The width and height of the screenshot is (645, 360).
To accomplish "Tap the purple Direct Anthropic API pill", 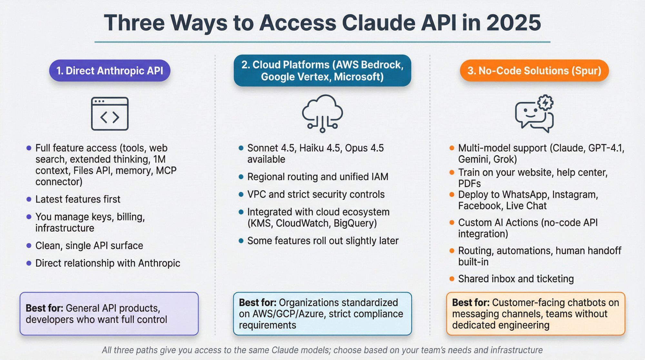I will (x=110, y=71).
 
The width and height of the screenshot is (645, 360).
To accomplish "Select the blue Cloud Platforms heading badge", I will (x=322, y=71).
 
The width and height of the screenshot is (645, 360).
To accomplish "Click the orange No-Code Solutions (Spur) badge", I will (x=534, y=71).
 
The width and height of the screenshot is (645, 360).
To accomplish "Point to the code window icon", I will (x=110, y=114).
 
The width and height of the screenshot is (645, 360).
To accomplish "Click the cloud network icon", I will (x=322, y=113).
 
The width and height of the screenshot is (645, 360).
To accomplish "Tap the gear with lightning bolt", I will (x=545, y=103).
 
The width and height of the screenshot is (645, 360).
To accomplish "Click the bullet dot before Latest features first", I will (x=29, y=199).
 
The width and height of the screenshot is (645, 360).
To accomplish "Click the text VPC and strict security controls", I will (x=316, y=194).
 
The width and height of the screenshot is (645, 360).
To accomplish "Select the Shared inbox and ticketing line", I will (x=516, y=279).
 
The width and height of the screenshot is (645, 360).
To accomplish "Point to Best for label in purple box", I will (x=44, y=308).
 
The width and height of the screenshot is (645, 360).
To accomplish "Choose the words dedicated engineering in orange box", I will (x=501, y=325).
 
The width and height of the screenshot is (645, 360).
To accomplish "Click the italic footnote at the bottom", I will (x=322, y=350).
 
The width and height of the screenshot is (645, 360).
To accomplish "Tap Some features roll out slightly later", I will (x=323, y=241).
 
